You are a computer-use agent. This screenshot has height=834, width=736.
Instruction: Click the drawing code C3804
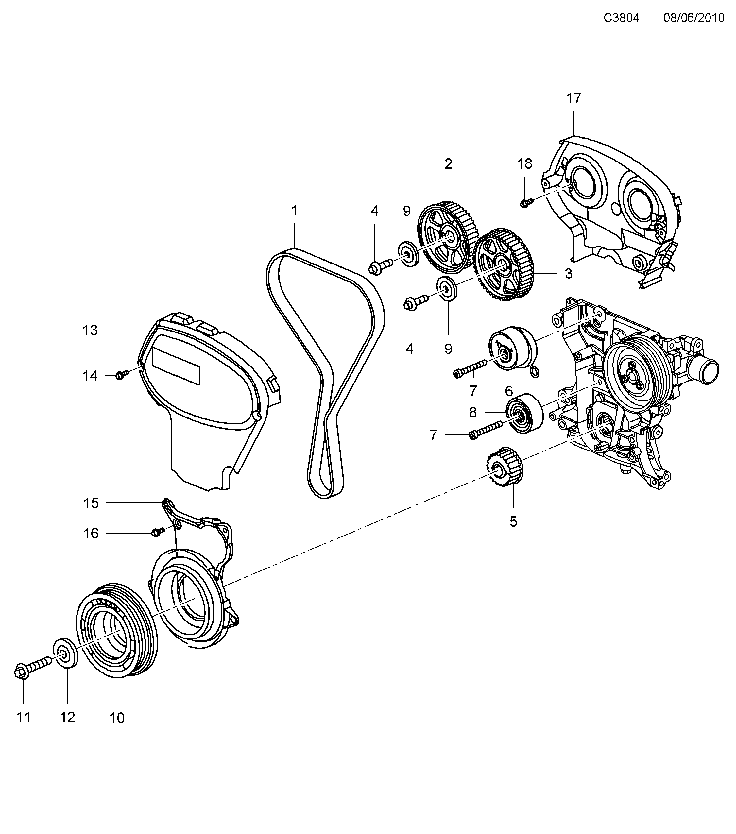tap(621, 18)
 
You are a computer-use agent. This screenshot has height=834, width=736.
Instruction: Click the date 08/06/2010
tap(693, 18)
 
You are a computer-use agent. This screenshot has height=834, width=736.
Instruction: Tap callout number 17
tap(573, 98)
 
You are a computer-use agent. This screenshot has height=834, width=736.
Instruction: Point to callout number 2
tap(448, 164)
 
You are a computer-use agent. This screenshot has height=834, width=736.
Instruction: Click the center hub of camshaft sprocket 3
tap(502, 268)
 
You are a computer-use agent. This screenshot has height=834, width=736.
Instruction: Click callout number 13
tap(90, 330)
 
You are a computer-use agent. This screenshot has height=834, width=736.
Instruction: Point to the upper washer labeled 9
tap(408, 254)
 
